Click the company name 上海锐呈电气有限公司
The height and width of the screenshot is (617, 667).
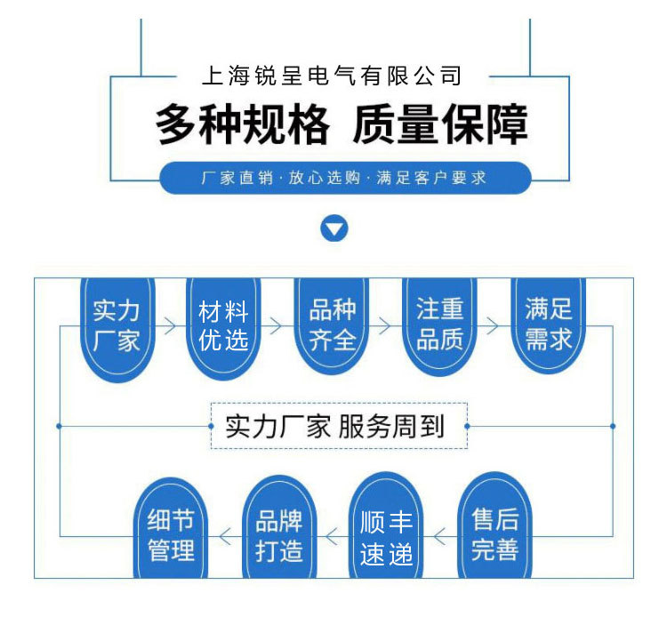pos(333,76)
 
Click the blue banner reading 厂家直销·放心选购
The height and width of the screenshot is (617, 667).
pos(344,178)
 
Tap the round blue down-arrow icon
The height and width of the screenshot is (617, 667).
pos(333,229)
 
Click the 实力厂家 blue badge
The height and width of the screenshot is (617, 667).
pos(117,325)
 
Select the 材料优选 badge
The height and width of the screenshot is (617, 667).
pos(223,325)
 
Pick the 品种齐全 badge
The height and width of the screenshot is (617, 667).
pos(332,325)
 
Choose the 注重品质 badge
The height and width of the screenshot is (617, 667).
pos(439,325)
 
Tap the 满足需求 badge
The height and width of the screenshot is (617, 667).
pos(548,325)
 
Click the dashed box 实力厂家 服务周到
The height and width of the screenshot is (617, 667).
pos(338,427)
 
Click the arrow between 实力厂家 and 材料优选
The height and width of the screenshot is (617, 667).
pos(169,326)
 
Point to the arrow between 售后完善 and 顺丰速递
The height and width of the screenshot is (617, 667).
pos(440,536)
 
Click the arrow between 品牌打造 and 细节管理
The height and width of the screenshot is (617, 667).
pos(225,536)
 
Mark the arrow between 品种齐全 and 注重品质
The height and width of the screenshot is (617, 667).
pos(385,326)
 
